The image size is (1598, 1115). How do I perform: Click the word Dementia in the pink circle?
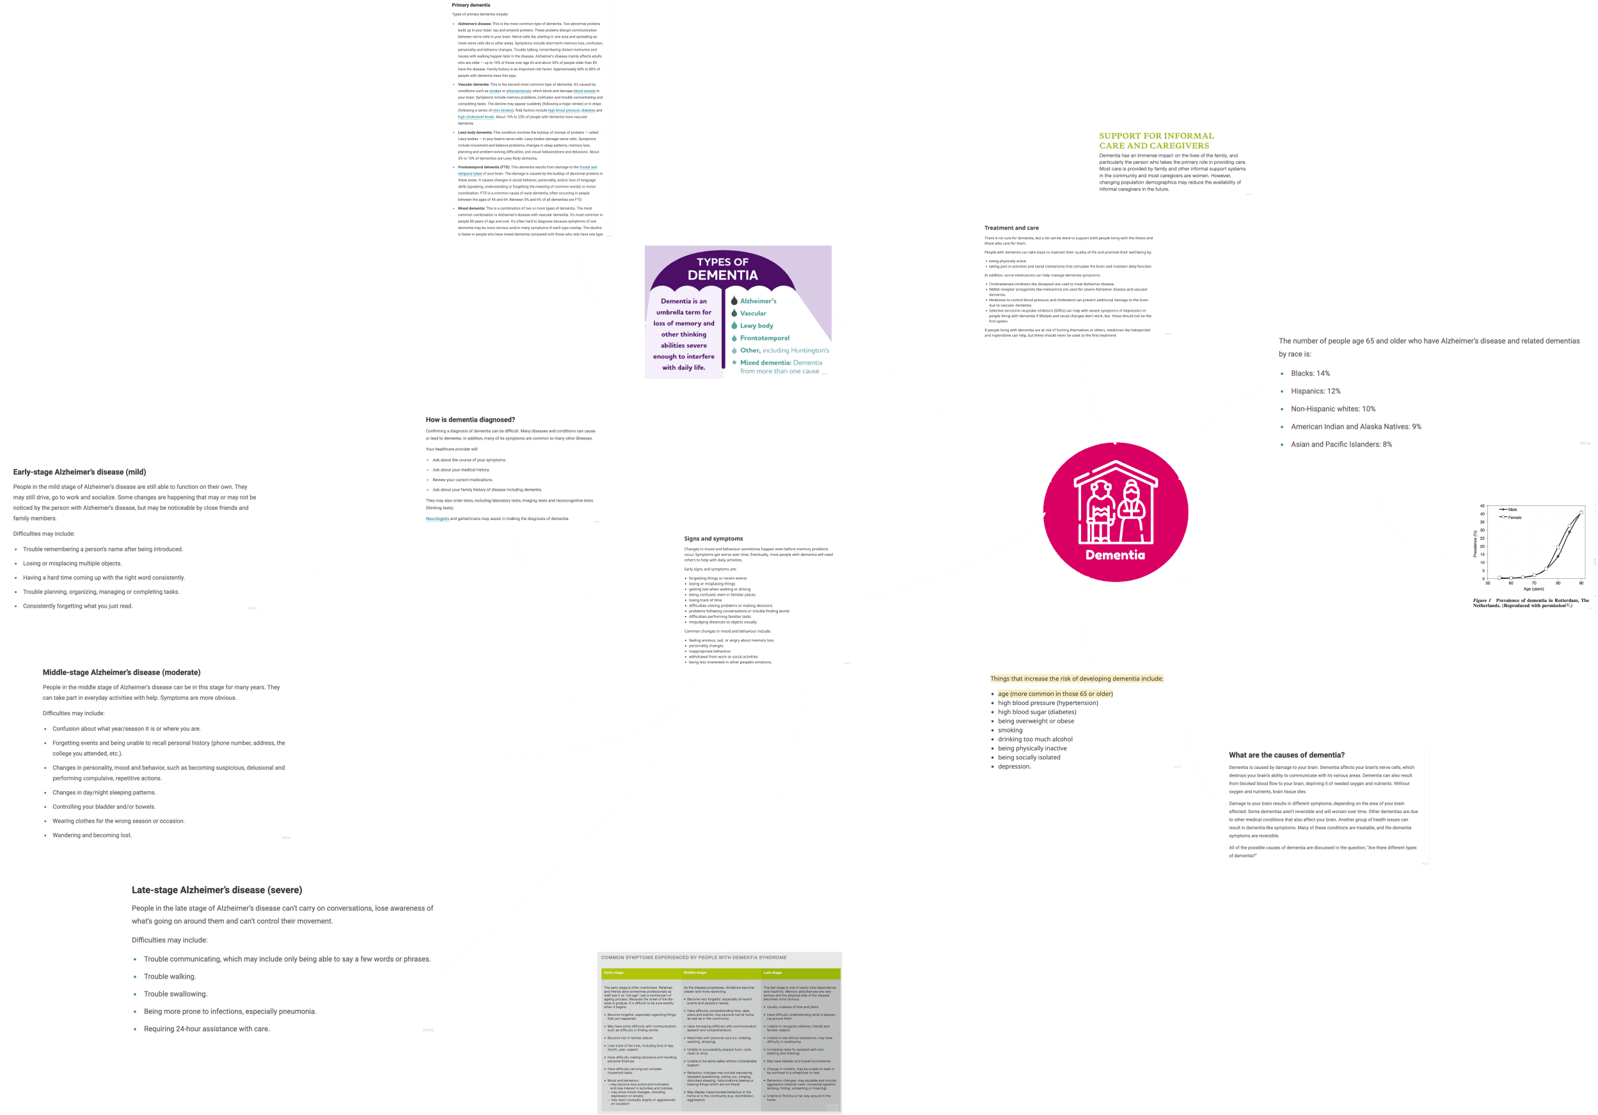[1115, 555]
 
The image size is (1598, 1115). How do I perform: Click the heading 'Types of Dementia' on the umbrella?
[722, 269]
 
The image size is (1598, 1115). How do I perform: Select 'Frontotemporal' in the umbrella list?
[764, 338]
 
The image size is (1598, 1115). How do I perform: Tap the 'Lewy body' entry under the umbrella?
[757, 326]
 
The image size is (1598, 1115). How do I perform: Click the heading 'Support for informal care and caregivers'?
[1155, 141]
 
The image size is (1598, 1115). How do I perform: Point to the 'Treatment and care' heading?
[1011, 228]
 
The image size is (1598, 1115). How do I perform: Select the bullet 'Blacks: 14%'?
[1310, 374]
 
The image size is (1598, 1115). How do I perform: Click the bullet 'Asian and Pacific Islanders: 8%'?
[1341, 445]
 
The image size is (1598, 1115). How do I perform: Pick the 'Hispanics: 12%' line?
[1315, 391]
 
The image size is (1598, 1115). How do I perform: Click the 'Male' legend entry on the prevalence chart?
[1512, 509]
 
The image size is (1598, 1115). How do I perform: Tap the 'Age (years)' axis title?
[1533, 589]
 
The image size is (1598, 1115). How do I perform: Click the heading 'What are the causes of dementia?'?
[1286, 755]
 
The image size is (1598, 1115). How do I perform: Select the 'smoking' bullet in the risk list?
[1010, 730]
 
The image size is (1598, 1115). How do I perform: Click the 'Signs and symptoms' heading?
[713, 539]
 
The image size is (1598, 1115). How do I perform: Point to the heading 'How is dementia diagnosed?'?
[470, 420]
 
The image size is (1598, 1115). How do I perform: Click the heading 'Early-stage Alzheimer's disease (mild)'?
[79, 472]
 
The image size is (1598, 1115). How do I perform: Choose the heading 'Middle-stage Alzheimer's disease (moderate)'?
[121, 672]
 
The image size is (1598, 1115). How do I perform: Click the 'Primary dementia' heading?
[471, 6]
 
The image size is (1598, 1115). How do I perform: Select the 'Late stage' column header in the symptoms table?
[773, 972]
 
